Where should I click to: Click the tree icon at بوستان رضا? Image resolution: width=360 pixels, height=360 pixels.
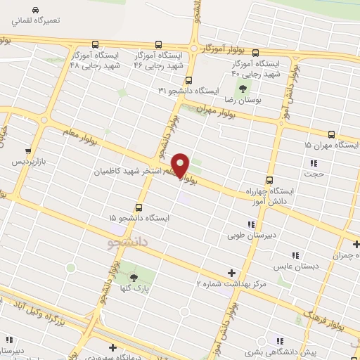[243, 89]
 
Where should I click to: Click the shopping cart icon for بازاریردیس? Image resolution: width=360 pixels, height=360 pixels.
[27, 150]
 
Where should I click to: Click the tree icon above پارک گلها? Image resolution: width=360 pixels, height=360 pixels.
[134, 277]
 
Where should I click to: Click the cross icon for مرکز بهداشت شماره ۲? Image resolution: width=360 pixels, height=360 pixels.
[231, 272]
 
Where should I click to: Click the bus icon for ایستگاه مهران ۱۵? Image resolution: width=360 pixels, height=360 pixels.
[331, 134]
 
